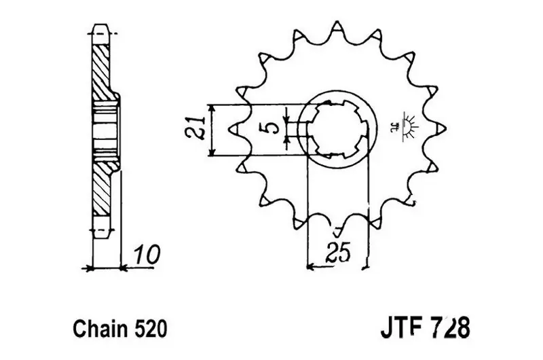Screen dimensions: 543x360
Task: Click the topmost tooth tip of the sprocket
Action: (x=337, y=22)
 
